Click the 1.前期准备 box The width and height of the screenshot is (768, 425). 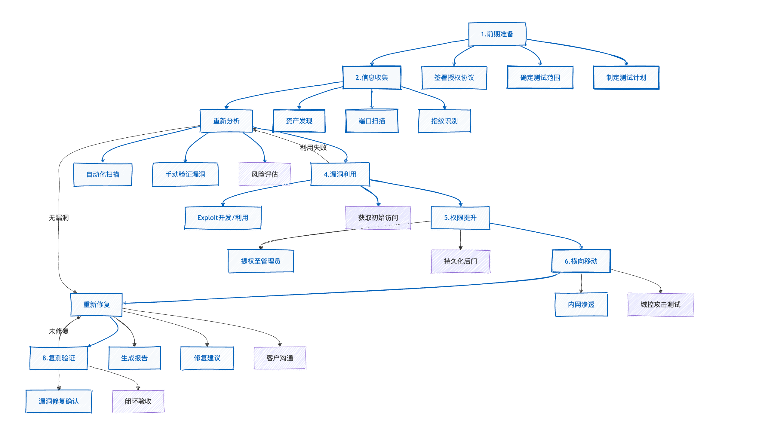[x=497, y=34]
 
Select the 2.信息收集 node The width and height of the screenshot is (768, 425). [x=372, y=78]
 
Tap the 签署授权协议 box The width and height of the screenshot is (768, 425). [x=454, y=78]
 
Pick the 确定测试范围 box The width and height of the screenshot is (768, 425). [x=540, y=78]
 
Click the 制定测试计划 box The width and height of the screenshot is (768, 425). [x=626, y=78]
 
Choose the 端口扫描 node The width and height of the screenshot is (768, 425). [x=372, y=121]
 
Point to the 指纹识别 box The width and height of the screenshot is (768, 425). [x=444, y=121]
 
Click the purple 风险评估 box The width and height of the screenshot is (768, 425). [x=265, y=174]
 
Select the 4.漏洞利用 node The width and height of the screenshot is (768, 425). [x=340, y=174]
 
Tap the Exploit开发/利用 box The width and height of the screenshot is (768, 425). [x=223, y=218]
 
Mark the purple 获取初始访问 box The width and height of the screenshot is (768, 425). [x=378, y=218]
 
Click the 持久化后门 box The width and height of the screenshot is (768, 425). [x=460, y=261]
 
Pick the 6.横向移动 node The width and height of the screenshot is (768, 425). [x=581, y=261]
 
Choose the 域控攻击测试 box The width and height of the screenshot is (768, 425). [x=660, y=304]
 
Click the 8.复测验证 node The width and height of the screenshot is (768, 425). [x=59, y=358]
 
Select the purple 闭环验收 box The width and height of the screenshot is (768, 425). [x=138, y=401]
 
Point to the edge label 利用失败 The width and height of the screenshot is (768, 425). [x=313, y=148]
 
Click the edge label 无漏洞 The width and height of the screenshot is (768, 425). [x=59, y=218]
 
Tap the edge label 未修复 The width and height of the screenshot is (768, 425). [x=59, y=331]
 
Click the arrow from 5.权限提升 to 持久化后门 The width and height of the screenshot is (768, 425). [x=460, y=239]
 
